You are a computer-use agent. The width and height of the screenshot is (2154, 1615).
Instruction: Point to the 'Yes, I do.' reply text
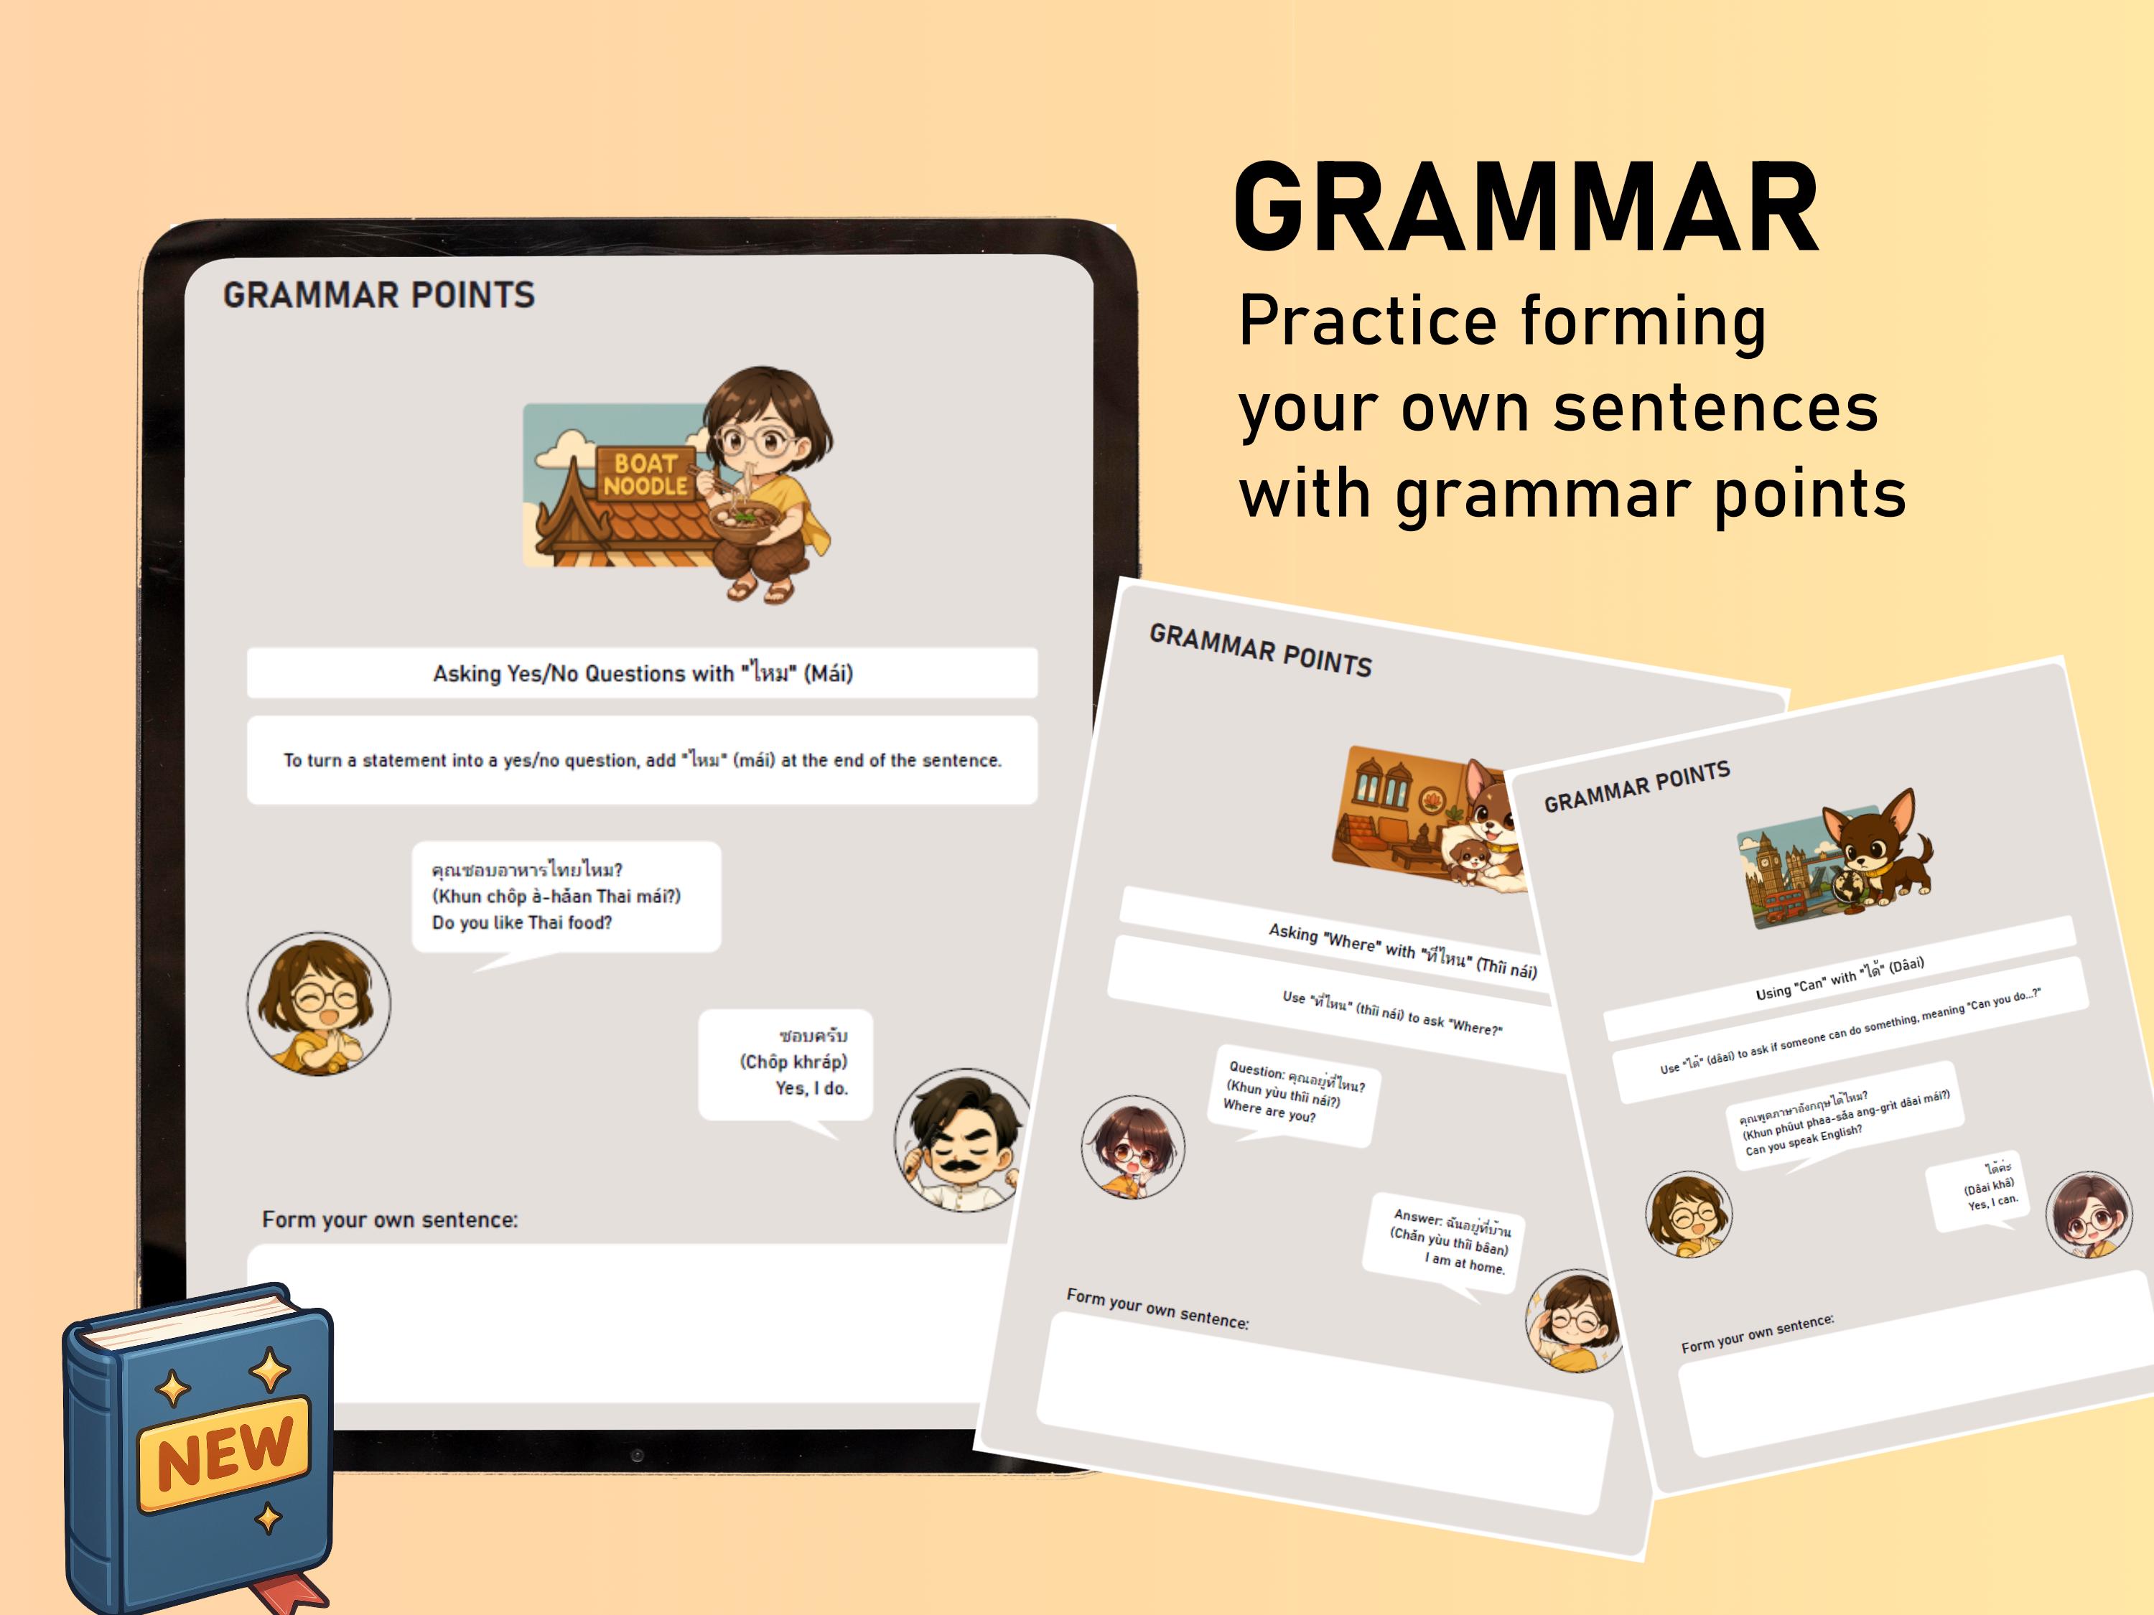[811, 1088]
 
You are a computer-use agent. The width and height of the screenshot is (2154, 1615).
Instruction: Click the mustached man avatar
[962, 1140]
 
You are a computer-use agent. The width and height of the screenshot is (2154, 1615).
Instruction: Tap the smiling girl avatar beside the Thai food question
[318, 1003]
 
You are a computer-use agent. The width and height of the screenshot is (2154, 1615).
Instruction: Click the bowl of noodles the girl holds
[743, 518]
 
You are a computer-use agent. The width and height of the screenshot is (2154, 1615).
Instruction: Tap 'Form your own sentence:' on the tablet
[389, 1220]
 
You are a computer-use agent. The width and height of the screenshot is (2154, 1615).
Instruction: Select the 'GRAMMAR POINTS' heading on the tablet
[379, 295]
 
